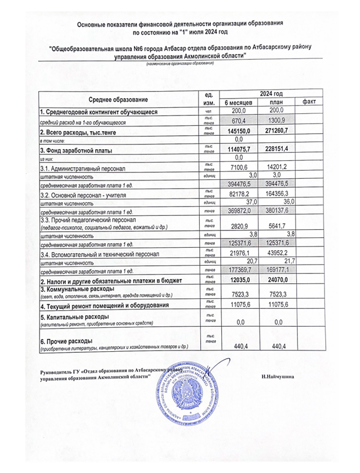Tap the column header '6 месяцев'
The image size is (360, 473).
click(237, 102)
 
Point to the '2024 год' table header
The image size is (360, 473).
click(271, 93)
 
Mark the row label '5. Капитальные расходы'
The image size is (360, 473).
click(74, 317)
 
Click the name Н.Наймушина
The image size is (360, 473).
click(278, 377)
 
